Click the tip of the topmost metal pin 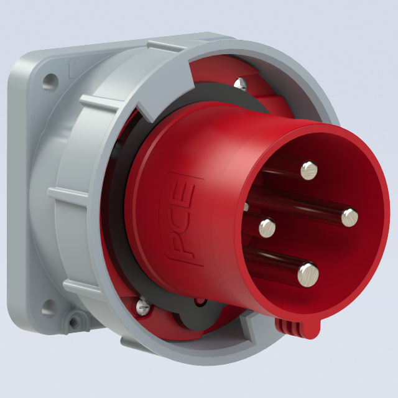309,170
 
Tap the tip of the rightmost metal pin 349,218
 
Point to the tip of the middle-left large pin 267,228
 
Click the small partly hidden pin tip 246,206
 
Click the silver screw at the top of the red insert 241,85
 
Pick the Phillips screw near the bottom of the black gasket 144,307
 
